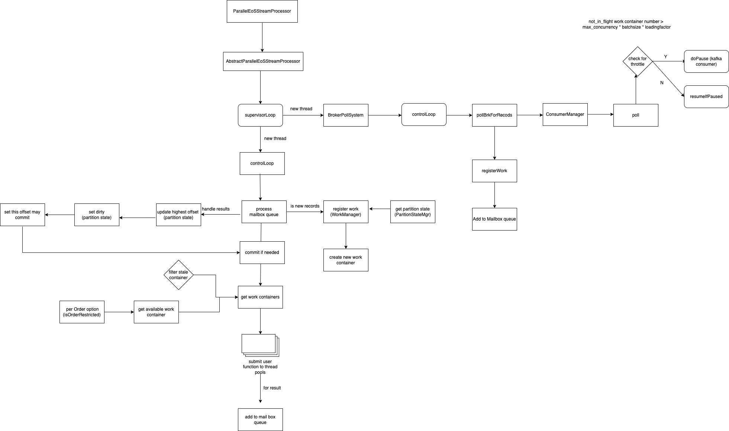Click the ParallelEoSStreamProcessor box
click(262, 11)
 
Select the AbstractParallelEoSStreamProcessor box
click(263, 61)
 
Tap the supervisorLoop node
click(260, 115)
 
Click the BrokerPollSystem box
click(346, 115)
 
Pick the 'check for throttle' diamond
click(638, 62)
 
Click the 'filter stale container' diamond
click(178, 275)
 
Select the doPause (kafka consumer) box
click(706, 62)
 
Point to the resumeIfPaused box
click(706, 97)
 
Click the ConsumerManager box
click(565, 115)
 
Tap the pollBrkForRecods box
click(494, 115)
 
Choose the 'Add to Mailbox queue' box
click(494, 219)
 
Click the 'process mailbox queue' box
click(264, 212)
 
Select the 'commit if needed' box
click(262, 252)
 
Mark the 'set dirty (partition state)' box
click(97, 215)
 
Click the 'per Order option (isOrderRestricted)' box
click(82, 312)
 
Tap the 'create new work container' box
click(346, 260)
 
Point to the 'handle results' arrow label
click(216, 209)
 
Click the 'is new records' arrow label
click(305, 206)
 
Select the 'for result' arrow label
click(272, 388)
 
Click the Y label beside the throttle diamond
click(665, 57)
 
